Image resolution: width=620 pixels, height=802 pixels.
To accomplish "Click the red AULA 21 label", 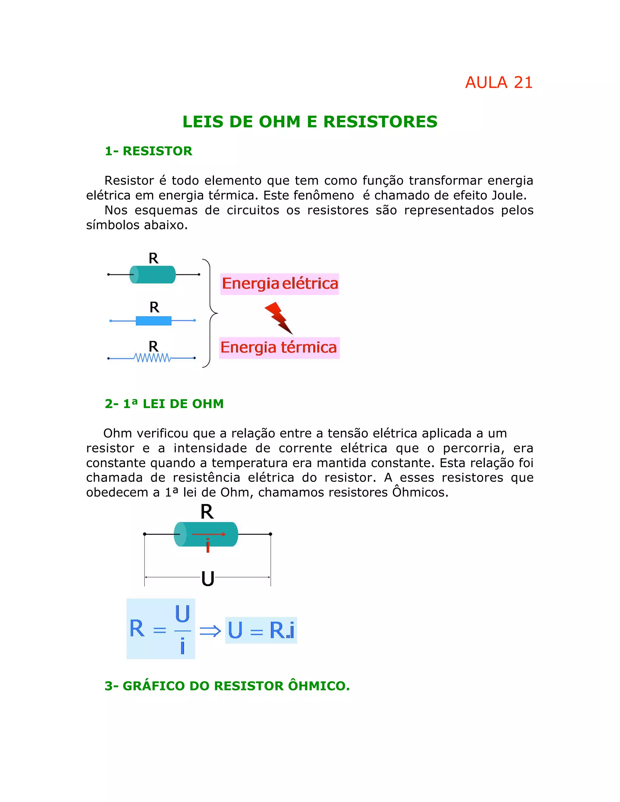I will click(x=498, y=83).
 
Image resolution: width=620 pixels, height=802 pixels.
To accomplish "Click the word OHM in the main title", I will click(x=279, y=122).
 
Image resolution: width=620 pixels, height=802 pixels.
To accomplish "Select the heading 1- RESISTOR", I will click(x=148, y=151).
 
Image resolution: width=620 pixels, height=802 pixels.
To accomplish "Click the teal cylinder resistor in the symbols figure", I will click(x=153, y=274).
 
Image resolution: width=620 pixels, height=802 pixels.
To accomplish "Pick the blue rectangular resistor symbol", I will click(x=153, y=320).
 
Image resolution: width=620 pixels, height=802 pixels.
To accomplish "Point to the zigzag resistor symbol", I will click(x=153, y=358).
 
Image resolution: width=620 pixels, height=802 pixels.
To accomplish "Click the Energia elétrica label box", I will click(x=279, y=284).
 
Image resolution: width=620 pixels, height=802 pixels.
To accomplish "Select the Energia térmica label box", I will click(x=279, y=348).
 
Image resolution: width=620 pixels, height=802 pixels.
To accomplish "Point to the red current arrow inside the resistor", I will click(x=208, y=534).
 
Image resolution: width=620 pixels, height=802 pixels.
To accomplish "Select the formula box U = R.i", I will click(x=261, y=630).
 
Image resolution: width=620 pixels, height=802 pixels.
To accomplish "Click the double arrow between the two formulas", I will click(x=210, y=631).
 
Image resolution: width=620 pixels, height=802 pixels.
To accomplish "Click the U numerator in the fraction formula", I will click(x=182, y=614).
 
